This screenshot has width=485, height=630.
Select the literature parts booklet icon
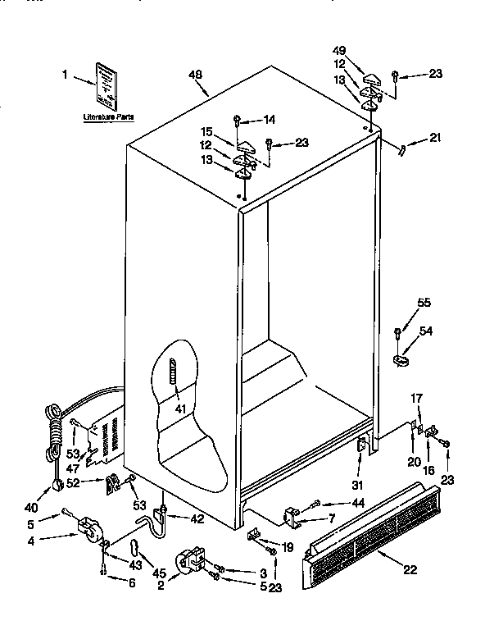[105, 87]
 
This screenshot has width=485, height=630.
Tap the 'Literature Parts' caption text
[108, 118]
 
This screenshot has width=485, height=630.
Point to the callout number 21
[435, 138]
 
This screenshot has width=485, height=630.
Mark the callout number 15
[208, 131]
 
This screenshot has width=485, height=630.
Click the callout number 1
[64, 75]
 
